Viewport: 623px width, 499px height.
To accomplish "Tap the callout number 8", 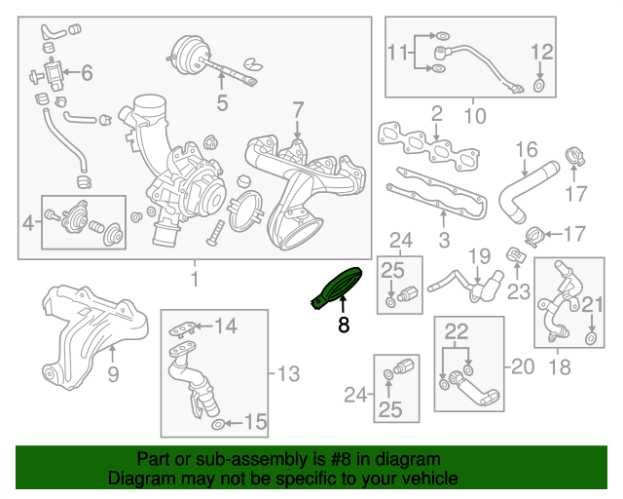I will point(343,326).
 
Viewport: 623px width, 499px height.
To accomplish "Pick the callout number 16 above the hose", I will point(526,149).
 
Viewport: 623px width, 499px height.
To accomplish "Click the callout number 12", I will point(541,52).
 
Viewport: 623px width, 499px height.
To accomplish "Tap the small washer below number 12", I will point(539,88).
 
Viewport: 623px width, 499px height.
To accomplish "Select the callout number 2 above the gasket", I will point(437,113).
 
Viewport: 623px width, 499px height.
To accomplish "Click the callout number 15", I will point(254,422).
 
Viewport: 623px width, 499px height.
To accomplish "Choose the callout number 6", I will point(87,72).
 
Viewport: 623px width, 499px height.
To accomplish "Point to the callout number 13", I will point(289,372).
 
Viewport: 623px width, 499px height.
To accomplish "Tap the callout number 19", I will point(477,257).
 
